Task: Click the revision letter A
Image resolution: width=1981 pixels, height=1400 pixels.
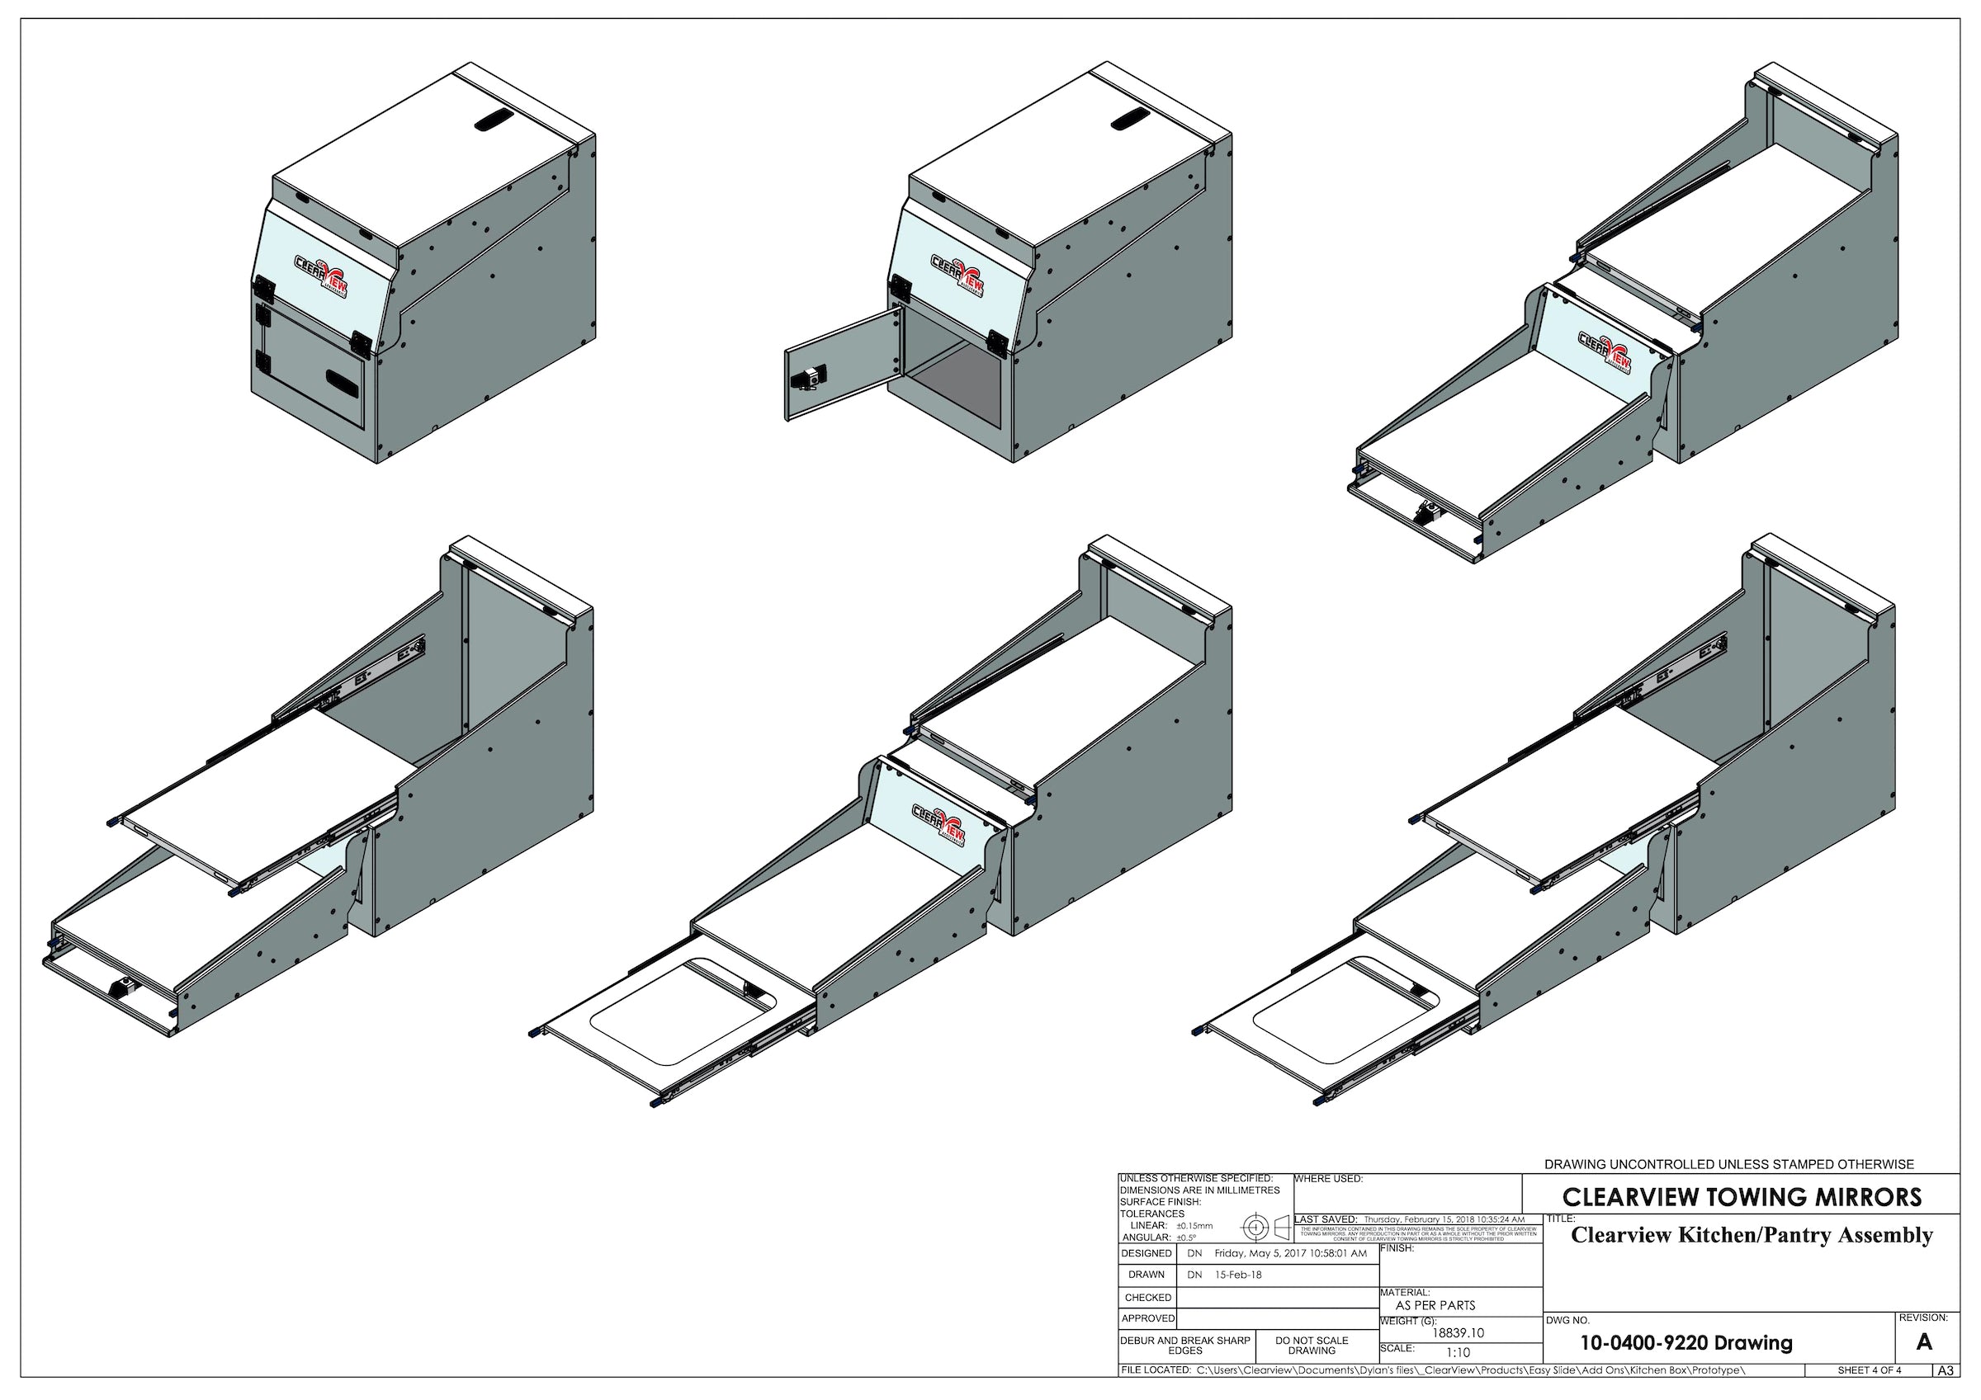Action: pos(1923,1342)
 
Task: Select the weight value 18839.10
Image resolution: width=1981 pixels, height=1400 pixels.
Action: pos(1459,1332)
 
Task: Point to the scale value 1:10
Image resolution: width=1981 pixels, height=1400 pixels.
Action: pos(1459,1352)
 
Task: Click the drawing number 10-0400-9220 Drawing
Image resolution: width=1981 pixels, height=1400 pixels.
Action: pos(1686,1343)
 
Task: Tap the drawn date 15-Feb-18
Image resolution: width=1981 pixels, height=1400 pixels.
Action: pos(1238,1275)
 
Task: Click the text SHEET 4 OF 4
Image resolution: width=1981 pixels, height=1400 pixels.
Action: pos(1869,1370)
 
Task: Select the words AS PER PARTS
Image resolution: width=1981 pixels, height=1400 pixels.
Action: pos(1435,1306)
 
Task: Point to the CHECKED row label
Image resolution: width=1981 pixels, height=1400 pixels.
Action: pos(1147,1298)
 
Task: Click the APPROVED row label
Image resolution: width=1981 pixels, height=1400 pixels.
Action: pos(1147,1318)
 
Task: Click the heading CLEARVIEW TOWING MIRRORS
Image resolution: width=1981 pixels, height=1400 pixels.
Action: pos(1742,1197)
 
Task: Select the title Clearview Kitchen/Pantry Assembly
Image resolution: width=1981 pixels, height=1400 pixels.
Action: pos(1752,1235)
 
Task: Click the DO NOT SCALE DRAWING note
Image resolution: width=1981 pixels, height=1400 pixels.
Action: pos(1312,1346)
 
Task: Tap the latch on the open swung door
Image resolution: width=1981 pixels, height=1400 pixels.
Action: pos(812,377)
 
